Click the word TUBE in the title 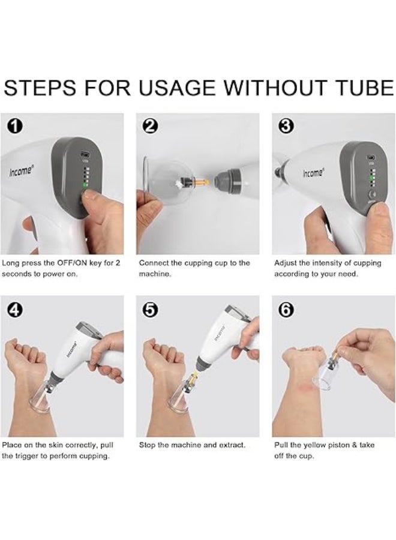click(364, 88)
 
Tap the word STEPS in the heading click(40, 88)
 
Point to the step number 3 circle click(286, 127)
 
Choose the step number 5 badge click(150, 311)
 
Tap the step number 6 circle click(286, 311)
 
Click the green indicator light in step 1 click(85, 185)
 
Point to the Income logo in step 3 click(313, 173)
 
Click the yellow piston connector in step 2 click(201, 180)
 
